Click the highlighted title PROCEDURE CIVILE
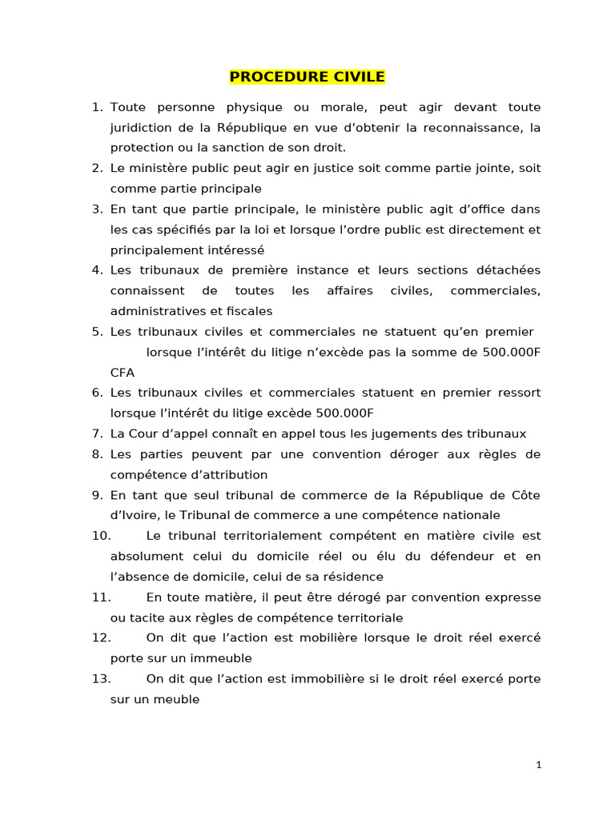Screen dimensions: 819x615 tap(307, 77)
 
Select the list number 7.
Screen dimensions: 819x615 tap(97, 433)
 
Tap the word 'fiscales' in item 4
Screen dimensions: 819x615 tap(247, 311)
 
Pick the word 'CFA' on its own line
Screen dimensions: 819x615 tap(123, 373)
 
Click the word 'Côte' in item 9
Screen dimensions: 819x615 tap(525, 495)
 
